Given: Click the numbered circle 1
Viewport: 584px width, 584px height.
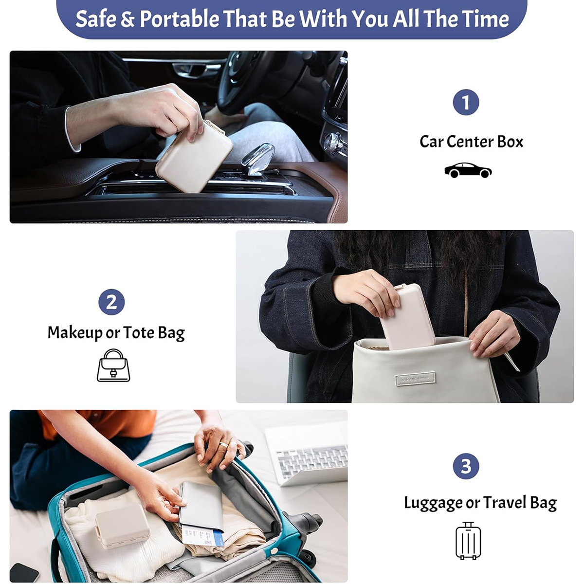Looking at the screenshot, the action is tap(466, 102).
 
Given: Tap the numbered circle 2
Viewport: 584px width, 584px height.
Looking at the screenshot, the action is tap(111, 302).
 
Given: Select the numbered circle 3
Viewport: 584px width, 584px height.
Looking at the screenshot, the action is tap(466, 466).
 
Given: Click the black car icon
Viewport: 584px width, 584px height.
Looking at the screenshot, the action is tap(468, 170).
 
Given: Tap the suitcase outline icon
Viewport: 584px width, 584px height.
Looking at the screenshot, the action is tap(468, 540).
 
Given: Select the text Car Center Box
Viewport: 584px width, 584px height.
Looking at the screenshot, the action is tap(471, 142).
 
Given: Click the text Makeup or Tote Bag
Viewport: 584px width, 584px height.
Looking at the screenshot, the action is tap(116, 333).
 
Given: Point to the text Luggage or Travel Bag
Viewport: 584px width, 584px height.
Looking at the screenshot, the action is tap(480, 503).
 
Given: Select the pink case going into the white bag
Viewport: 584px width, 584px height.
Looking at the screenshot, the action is tap(407, 317).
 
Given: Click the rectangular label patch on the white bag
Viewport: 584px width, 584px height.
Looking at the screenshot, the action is tap(415, 379).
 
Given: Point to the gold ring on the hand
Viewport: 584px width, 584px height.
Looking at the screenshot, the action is tap(224, 445).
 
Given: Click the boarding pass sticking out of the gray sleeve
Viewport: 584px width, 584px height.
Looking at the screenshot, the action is tap(202, 537).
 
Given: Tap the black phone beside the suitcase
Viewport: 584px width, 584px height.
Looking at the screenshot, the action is tap(24, 573).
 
